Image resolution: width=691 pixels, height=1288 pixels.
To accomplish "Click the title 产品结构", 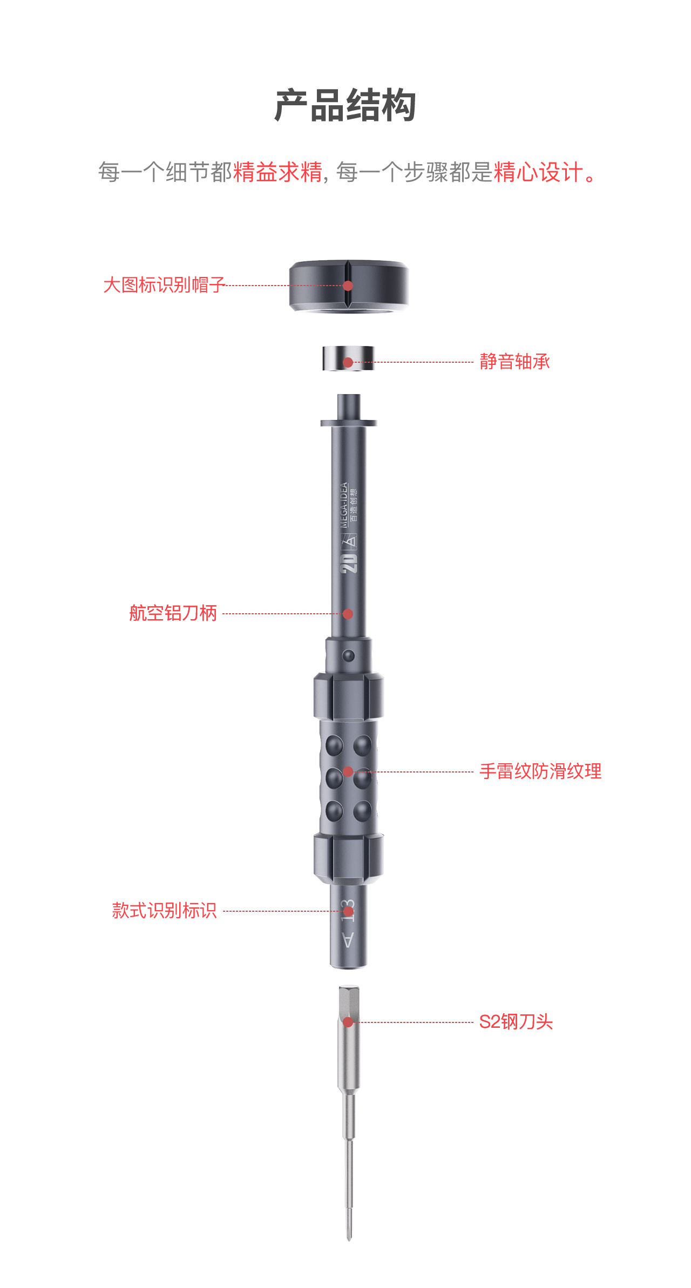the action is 345,106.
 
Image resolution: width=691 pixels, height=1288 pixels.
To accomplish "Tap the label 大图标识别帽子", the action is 164,285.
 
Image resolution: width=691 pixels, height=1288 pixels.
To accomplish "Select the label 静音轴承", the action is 514,362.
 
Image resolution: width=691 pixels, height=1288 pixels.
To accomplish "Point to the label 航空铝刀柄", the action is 173,613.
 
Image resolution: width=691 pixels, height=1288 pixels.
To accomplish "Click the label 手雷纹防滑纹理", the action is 540,771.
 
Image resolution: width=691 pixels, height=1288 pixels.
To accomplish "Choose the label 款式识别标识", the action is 165,911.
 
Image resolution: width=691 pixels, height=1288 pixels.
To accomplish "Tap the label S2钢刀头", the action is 516,1022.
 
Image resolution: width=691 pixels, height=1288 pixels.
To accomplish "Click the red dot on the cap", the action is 348,286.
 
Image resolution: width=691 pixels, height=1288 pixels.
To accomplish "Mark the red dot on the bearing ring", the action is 348,362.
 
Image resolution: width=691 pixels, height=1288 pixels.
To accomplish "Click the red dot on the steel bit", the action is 348,1022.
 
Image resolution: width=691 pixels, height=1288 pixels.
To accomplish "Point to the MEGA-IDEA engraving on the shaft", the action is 344,505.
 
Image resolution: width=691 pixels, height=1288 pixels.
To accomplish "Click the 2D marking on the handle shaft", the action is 349,563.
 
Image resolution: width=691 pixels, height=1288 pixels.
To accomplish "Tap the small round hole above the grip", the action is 349,656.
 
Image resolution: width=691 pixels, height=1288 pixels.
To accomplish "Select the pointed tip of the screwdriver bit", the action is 349,1240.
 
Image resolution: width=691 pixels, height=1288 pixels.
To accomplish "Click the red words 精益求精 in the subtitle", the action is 278,172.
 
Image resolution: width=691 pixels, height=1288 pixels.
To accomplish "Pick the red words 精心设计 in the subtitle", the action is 538,172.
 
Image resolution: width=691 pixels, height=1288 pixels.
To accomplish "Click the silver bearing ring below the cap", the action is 348,358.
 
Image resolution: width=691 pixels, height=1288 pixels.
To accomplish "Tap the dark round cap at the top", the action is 349,286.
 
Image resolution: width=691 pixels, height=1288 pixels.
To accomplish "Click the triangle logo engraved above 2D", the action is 349,540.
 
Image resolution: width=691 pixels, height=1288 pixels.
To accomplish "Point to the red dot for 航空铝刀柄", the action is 348,614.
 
